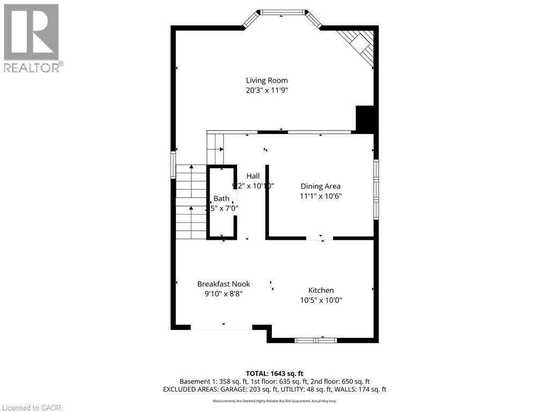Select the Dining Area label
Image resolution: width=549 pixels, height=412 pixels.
(x=320, y=186)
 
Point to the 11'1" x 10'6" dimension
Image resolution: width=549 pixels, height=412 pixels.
(x=320, y=196)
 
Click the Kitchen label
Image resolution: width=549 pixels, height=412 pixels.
(x=321, y=290)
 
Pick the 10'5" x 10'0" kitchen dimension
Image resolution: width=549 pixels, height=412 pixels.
(x=321, y=300)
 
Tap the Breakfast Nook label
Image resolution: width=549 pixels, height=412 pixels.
(x=223, y=284)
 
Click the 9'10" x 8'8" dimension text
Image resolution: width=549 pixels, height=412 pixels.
(x=223, y=294)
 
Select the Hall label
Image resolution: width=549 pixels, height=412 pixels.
(x=253, y=176)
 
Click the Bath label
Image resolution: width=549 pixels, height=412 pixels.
(x=221, y=198)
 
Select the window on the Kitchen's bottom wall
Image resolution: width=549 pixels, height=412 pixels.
(x=316, y=340)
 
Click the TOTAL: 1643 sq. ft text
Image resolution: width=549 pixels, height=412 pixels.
(x=274, y=373)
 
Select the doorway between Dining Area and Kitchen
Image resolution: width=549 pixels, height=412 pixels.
(x=320, y=238)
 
